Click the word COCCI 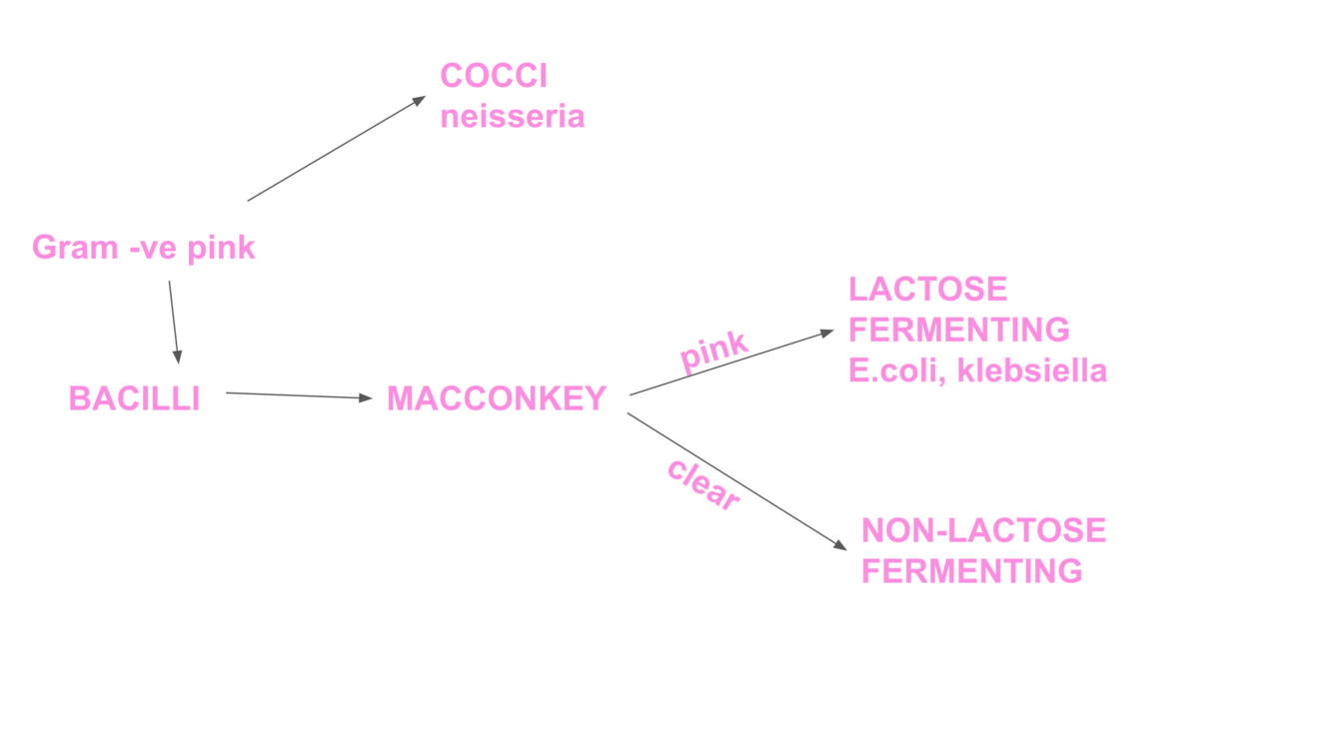click(x=494, y=76)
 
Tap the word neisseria click(x=512, y=117)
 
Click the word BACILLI click(x=134, y=398)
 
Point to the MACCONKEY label click(x=497, y=398)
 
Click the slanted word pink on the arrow click(x=713, y=351)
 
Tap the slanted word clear click(x=703, y=484)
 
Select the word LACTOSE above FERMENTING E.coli click(x=927, y=290)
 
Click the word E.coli click(x=895, y=371)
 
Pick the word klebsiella click(x=1031, y=371)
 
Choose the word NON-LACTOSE click(x=983, y=530)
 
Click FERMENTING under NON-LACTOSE click(x=971, y=571)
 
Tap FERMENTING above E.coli click(x=958, y=330)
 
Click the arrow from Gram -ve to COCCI click(x=336, y=149)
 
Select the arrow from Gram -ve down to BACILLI click(x=174, y=322)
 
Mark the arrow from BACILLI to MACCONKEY click(x=299, y=395)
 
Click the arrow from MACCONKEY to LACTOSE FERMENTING click(x=731, y=363)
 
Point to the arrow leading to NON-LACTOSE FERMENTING click(x=736, y=480)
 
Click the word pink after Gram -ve click(x=221, y=247)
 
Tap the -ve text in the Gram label click(x=153, y=247)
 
